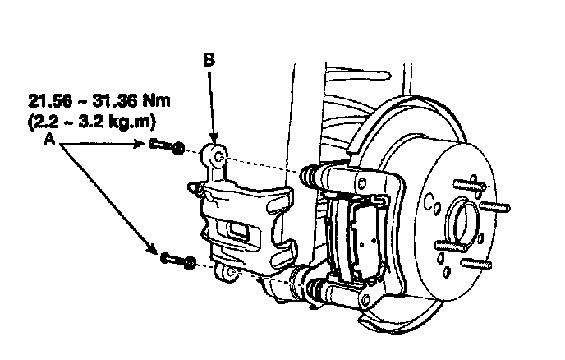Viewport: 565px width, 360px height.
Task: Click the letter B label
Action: point(210,59)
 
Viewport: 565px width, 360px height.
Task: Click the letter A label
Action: point(51,140)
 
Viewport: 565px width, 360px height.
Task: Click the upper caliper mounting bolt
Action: point(168,148)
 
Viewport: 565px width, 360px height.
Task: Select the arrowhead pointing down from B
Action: point(212,141)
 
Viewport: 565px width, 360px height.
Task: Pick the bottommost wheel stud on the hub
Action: point(475,262)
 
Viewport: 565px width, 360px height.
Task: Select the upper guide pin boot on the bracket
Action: point(312,174)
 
